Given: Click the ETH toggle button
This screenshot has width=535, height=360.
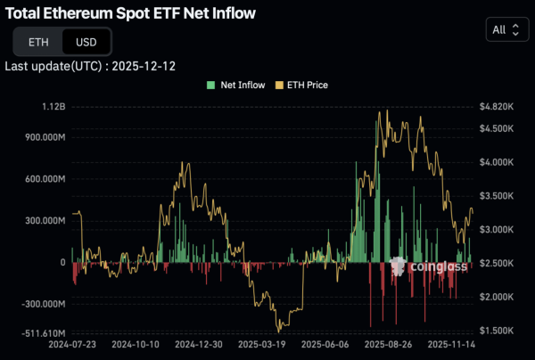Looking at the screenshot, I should coord(38,41).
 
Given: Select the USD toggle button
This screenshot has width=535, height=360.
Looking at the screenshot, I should coord(86,41).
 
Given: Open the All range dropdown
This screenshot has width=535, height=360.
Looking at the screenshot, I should coord(505,29).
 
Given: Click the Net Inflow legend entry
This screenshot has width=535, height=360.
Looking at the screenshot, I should coord(235,85).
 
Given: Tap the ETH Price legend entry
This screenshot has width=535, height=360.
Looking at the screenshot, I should coord(303,85).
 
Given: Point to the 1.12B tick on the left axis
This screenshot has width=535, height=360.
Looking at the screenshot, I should coord(53,106).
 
